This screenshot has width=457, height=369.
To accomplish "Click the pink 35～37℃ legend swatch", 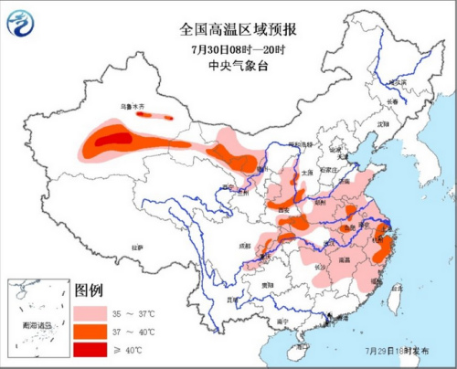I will coord(88,311).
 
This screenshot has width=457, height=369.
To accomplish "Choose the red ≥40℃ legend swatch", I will coord(88,348).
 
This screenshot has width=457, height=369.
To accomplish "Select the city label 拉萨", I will coord(137,248).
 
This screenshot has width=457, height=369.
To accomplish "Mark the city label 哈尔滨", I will coord(397,81).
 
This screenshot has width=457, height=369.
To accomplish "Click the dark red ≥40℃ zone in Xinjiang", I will coord(112,139).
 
